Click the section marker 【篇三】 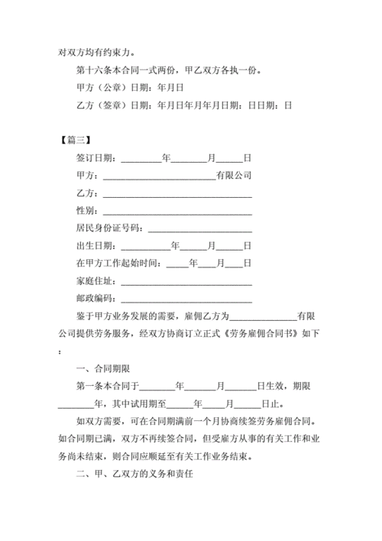click(x=76, y=140)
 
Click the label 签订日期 click(x=95, y=158)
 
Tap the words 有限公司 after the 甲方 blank click(x=233, y=176)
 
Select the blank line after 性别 click(x=177, y=211)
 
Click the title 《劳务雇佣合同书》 click(x=259, y=333)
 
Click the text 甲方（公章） click(x=102, y=88)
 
